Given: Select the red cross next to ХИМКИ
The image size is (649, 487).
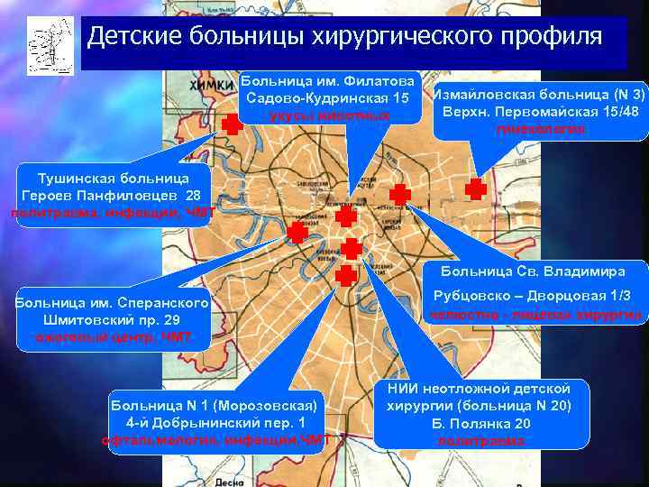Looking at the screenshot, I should pos(233,125).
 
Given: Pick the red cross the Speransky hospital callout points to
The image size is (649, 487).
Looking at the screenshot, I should pos(297,233).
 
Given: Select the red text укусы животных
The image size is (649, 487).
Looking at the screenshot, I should pos(328,115).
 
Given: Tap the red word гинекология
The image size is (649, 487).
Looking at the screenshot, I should pos(539,129).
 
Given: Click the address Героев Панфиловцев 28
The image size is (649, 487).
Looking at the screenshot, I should pos(112,195).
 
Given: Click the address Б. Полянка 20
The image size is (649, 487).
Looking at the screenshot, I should pos(481,424).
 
